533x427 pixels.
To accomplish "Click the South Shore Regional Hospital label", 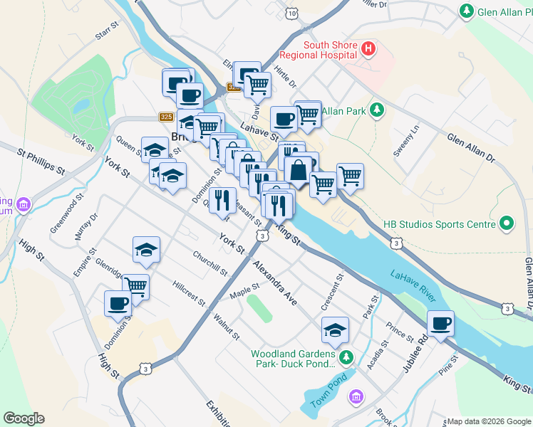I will [318, 48].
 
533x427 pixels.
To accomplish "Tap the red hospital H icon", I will [368, 48].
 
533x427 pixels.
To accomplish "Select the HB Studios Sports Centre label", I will [439, 224].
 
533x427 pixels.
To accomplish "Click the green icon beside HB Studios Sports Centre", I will [507, 224].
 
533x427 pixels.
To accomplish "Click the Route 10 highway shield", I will [293, 14].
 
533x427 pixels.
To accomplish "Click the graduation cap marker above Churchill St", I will [146, 250].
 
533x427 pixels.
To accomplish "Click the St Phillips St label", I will [41, 160].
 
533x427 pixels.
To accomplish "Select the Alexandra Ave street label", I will [274, 283].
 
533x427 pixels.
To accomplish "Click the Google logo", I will [24, 418].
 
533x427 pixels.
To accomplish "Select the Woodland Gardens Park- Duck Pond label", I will [292, 359].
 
